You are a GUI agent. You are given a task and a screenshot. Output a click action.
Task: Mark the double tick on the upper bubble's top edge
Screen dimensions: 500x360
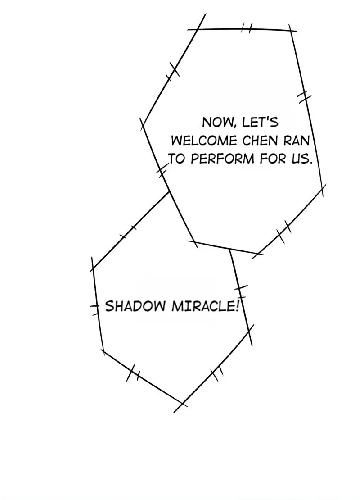tap(247, 28)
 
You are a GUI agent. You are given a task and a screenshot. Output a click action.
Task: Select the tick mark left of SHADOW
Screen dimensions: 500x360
tap(95, 307)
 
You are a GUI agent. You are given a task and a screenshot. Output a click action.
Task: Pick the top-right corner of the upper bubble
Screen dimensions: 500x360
tap(291, 31)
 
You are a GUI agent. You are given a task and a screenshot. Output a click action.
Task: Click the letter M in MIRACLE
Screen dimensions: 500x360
tap(175, 307)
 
